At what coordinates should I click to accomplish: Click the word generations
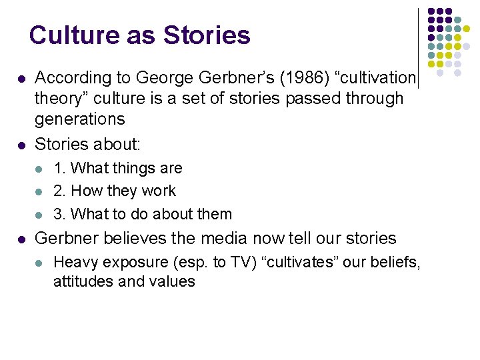[x=79, y=119]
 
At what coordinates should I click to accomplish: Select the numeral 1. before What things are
[x=59, y=168]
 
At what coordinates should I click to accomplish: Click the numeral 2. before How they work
[x=59, y=191]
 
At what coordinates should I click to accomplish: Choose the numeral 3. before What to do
[x=59, y=214]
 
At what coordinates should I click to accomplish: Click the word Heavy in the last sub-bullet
[x=74, y=262]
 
